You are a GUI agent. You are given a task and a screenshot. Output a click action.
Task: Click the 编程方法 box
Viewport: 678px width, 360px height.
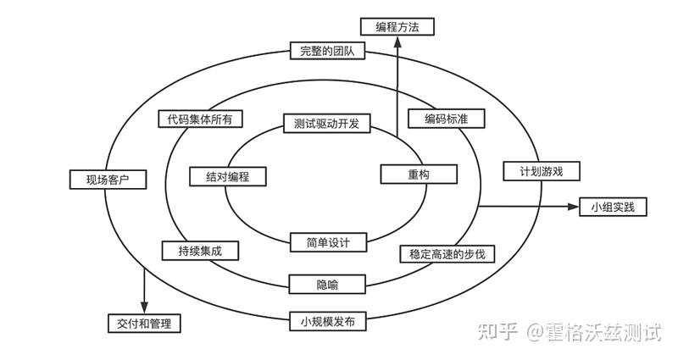coord(397,27)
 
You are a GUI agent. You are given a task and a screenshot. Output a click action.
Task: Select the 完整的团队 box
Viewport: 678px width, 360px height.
coord(327,51)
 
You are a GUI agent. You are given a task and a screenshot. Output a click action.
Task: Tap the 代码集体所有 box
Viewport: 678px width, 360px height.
coord(200,119)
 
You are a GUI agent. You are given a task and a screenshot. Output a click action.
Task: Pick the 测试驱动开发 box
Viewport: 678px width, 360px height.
coord(327,124)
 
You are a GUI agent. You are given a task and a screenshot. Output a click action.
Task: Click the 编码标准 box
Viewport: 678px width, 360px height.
coord(447,119)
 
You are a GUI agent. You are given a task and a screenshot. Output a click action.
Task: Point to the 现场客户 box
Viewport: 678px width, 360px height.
coord(108,180)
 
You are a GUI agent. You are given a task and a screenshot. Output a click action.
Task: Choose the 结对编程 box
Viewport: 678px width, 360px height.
coord(228,177)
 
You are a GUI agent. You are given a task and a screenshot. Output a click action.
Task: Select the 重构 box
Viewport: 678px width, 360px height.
coord(419,174)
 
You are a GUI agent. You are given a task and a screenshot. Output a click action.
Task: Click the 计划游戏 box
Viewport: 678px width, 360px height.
coord(542,171)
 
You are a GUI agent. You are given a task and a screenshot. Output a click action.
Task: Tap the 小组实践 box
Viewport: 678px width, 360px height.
coord(613,207)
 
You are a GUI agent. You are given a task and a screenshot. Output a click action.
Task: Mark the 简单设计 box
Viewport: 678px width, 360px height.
coord(328,242)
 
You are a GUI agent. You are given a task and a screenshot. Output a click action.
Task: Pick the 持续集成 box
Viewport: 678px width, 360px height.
coord(200,251)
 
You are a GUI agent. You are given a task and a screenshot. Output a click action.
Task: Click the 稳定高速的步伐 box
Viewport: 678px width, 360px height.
coord(447,254)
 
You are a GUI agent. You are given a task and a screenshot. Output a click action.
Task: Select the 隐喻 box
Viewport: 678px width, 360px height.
coord(327,285)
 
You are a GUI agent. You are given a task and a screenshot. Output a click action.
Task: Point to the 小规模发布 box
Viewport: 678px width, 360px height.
coord(328,322)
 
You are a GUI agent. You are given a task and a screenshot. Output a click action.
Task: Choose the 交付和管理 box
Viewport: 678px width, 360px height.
coord(144,324)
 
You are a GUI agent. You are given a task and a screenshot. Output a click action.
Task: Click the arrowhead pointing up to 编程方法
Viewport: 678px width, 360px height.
coord(397,41)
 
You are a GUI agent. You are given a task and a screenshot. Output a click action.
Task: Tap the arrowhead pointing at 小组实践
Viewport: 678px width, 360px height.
coord(574,207)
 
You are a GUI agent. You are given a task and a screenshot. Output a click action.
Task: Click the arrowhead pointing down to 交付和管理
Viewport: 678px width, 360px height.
coord(144,307)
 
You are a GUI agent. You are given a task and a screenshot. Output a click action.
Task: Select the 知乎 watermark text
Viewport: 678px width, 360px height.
coord(498,332)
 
